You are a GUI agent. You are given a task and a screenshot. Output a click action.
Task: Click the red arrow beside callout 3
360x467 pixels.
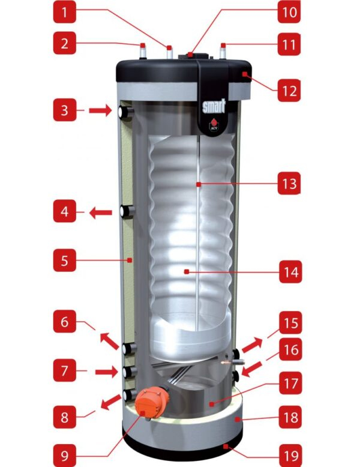click(x=99, y=110)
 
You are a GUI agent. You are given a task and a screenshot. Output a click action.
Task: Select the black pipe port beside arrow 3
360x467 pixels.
click(x=125, y=112)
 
